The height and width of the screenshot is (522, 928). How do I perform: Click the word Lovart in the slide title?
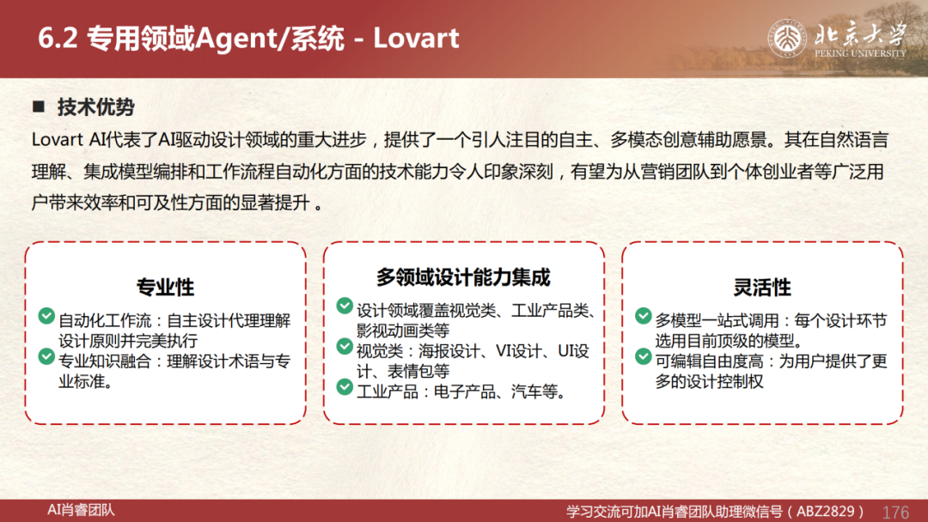pos(416,39)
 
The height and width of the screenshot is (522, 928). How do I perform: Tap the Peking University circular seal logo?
pos(787,39)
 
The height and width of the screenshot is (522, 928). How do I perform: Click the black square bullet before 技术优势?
pos(39,106)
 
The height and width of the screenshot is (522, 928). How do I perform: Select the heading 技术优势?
pos(96,107)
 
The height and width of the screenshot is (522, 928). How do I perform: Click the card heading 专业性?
pos(165,288)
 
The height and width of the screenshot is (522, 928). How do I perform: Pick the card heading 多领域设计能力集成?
pos(463,276)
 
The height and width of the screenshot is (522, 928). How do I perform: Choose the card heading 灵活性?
pos(762,288)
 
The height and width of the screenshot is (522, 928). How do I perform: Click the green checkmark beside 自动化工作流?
pos(46,316)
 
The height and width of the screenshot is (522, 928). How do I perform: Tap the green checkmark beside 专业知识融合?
pos(46,356)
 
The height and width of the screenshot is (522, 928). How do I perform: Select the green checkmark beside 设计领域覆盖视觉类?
pos(345,306)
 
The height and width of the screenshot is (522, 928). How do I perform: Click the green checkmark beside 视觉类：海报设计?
pos(345,346)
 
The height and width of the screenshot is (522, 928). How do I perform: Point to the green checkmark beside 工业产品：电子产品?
pos(345,386)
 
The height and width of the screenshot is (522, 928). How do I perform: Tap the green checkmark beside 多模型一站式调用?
pos(644,316)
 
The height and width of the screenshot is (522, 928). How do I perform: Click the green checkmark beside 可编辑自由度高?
pos(644,356)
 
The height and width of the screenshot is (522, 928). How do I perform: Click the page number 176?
pos(895,512)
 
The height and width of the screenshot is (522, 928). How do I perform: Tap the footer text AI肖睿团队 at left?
pos(81,510)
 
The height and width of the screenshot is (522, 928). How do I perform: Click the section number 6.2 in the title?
pos(58,39)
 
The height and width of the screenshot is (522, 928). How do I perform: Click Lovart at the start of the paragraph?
pos(58,140)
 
